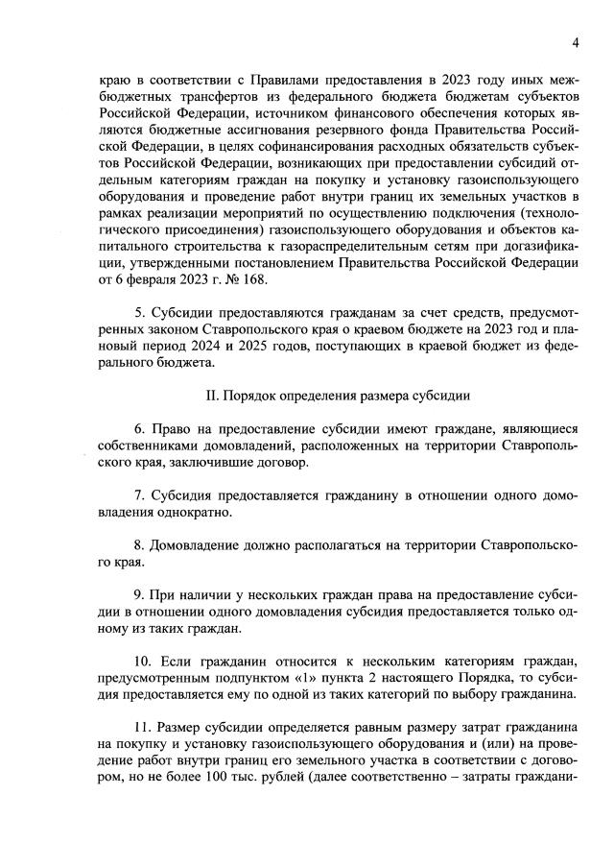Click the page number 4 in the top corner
coord(576,42)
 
